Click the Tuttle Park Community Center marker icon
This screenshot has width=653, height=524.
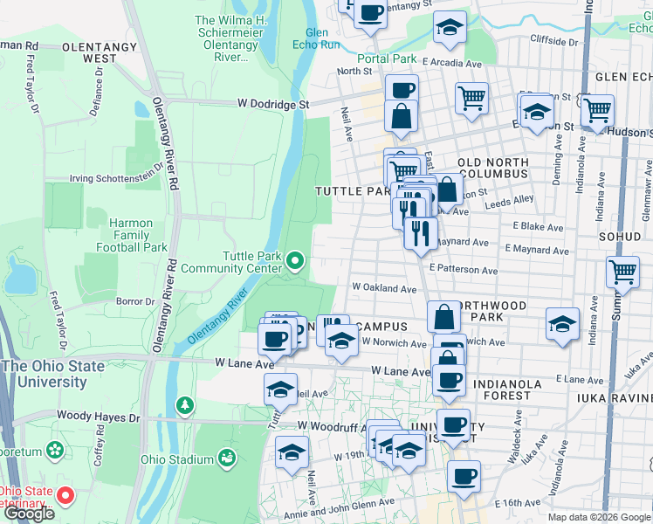[x=296, y=260]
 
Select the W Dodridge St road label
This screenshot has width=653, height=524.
[x=273, y=104]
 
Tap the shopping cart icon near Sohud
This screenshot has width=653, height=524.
[x=622, y=272]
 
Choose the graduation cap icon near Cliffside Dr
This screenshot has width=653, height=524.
[x=450, y=28]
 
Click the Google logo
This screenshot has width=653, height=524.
[x=29, y=514]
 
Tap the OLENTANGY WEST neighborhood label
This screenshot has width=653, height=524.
[x=87, y=52]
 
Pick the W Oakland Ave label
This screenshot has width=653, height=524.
[x=384, y=287]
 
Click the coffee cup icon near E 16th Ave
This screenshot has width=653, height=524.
[x=464, y=477]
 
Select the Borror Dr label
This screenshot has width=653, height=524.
[x=135, y=301]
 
